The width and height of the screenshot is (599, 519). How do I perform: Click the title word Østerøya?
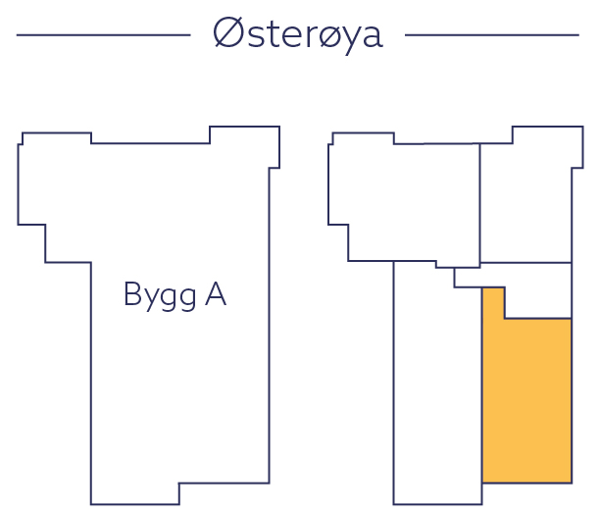[298, 34]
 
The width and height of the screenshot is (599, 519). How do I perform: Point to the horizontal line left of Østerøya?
[103, 35]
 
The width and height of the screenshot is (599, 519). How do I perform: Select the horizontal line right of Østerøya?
[491, 35]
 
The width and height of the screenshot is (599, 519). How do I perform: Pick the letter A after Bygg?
[215, 293]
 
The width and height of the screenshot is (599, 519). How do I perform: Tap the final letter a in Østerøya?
[370, 37]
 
